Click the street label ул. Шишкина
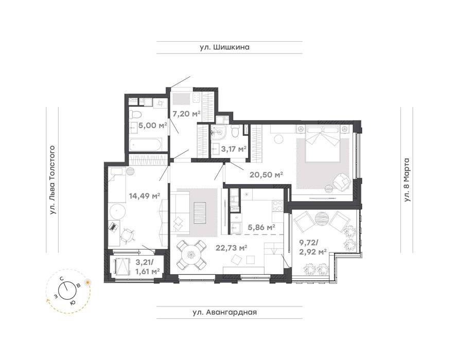[x=224, y=47]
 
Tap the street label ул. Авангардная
[x=225, y=312]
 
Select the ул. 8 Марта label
[x=407, y=179]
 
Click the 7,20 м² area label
[x=186, y=113]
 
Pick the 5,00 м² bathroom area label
[x=153, y=125]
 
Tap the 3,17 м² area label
[x=234, y=149]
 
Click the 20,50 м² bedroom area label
[x=266, y=175]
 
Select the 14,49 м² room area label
[x=145, y=196]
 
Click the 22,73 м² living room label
[x=232, y=248]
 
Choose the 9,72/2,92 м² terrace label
[x=312, y=247]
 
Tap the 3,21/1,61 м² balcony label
[x=147, y=266]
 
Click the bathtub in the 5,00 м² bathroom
[x=145, y=145]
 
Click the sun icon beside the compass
[x=87, y=282]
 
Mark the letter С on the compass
[x=62, y=279]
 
